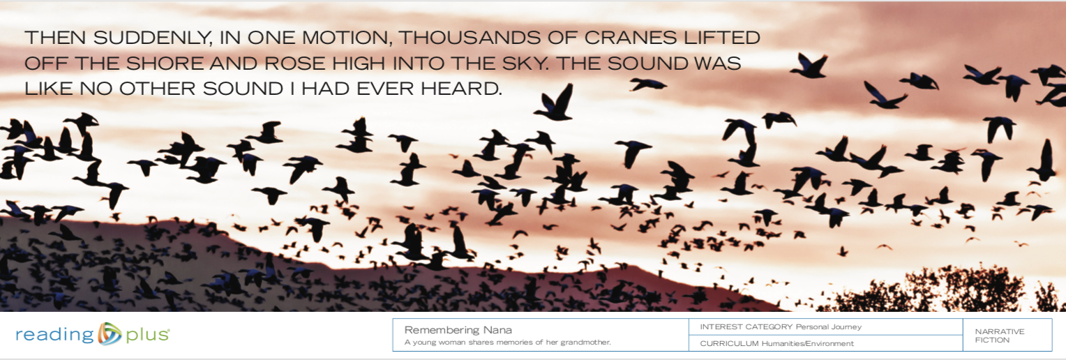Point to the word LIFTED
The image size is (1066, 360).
724,38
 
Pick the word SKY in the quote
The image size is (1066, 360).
513,63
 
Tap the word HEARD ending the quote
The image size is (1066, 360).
464,89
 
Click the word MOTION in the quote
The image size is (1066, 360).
345,38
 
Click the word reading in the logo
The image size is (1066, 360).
54,335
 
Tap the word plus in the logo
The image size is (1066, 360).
147,335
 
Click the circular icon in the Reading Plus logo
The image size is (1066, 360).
110,334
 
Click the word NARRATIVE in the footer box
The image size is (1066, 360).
1000,331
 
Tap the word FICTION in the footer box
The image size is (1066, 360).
992,340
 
